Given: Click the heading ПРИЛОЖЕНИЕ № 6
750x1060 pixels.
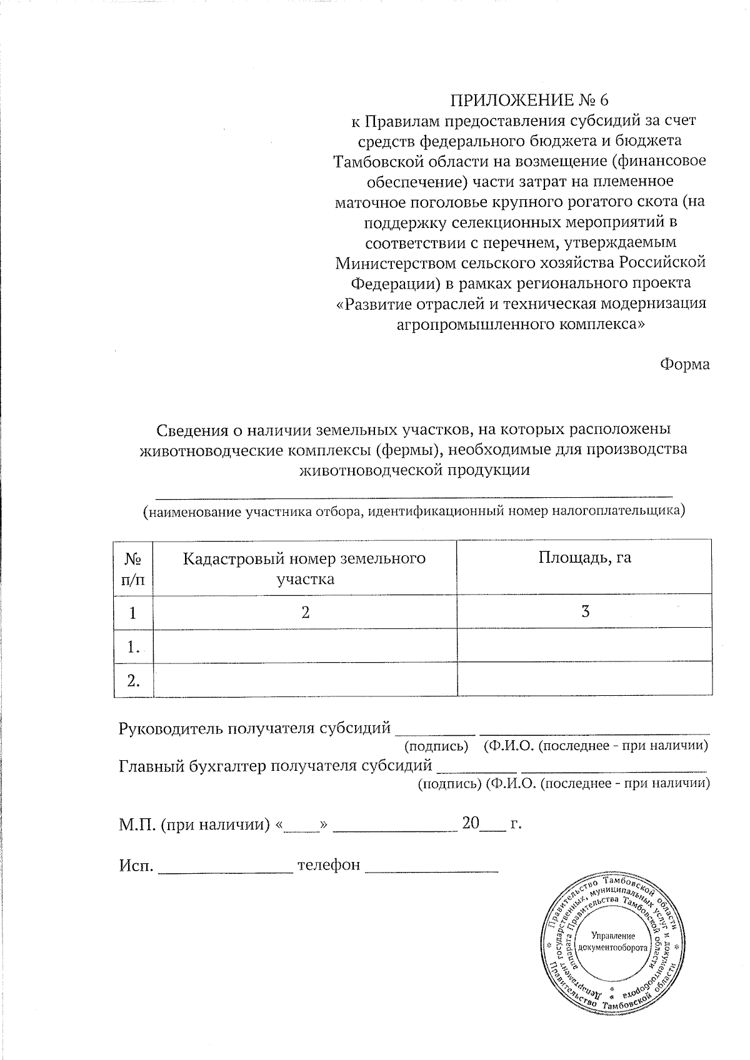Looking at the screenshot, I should (529, 100).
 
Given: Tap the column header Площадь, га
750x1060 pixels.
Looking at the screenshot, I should (584, 558).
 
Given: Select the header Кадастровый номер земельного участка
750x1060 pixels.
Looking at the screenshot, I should (304, 568).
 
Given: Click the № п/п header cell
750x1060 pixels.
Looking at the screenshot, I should (133, 568).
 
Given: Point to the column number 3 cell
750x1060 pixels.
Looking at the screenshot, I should (584, 612).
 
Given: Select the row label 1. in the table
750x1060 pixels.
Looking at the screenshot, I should (132, 646).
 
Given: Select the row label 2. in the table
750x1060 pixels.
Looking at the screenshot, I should (132, 680).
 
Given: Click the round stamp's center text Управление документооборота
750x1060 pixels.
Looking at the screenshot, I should (612, 941).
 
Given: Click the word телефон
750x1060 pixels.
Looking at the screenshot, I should (329, 864).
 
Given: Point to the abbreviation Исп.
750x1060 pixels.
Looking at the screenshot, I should (136, 865).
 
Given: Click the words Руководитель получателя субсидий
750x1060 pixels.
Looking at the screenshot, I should (254, 728).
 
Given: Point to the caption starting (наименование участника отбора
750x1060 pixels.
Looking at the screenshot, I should (414, 512).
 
